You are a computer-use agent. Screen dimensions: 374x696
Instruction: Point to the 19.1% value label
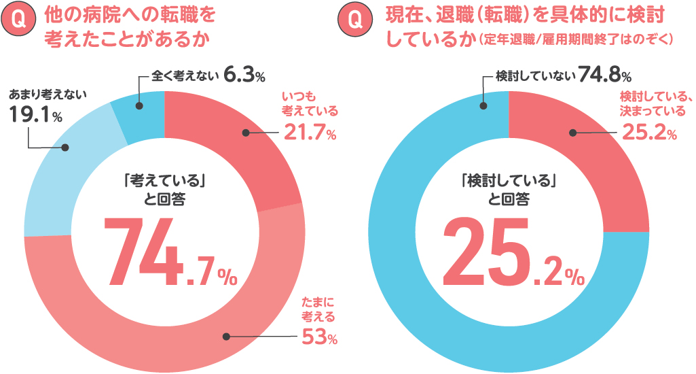[x=36, y=116]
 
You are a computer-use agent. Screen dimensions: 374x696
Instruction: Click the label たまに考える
[x=318, y=310]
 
